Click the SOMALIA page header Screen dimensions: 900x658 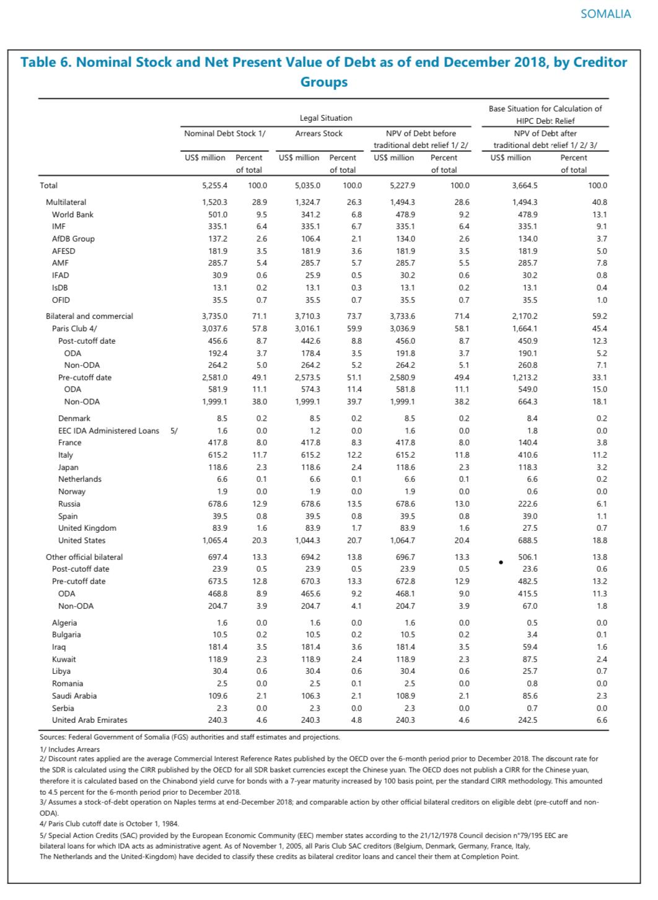tap(605, 14)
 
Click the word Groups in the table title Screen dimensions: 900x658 tap(323, 82)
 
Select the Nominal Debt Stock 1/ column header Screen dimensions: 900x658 tap(225, 133)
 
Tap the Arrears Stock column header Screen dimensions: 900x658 tap(318, 133)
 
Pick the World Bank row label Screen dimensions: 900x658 tap(72, 214)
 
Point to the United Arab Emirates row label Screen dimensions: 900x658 tap(89, 720)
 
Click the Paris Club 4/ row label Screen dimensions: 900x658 tap(74, 328)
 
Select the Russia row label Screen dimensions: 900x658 tap(69, 504)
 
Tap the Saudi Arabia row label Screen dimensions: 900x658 tap(74, 696)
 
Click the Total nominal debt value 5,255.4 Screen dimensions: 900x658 tap(215, 185)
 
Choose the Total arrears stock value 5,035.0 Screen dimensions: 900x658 tap(307, 185)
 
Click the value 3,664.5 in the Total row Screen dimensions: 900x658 tap(525, 185)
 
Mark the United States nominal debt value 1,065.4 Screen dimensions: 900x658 tap(215, 540)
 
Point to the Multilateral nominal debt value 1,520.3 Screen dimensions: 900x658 tap(215, 202)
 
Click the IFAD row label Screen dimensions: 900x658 tap(60, 275)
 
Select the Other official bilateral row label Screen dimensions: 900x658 tap(84, 557)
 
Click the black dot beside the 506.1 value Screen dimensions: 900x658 tap(501, 562)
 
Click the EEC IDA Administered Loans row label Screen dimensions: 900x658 tap(108, 430)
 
